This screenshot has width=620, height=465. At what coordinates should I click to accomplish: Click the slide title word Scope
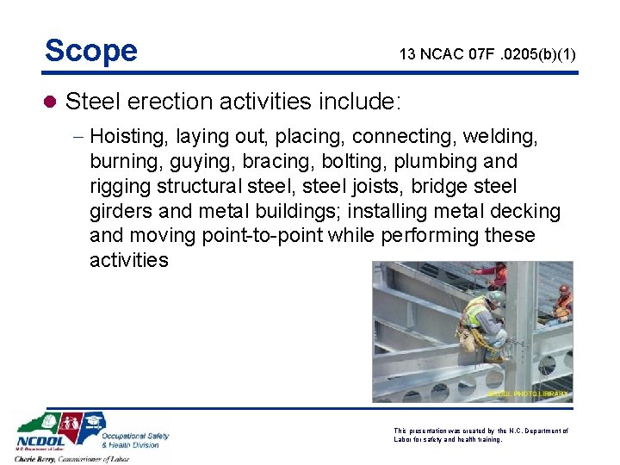[91, 51]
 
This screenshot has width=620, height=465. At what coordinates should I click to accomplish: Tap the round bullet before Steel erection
[51, 102]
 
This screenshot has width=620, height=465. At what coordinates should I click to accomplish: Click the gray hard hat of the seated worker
[497, 298]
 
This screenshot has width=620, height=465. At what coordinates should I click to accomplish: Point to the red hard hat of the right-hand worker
[563, 290]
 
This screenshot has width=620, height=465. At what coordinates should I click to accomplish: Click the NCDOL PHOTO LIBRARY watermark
[528, 394]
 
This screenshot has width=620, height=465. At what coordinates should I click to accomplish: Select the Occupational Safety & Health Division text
[136, 440]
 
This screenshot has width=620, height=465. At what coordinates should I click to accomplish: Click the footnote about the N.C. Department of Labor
[480, 434]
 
